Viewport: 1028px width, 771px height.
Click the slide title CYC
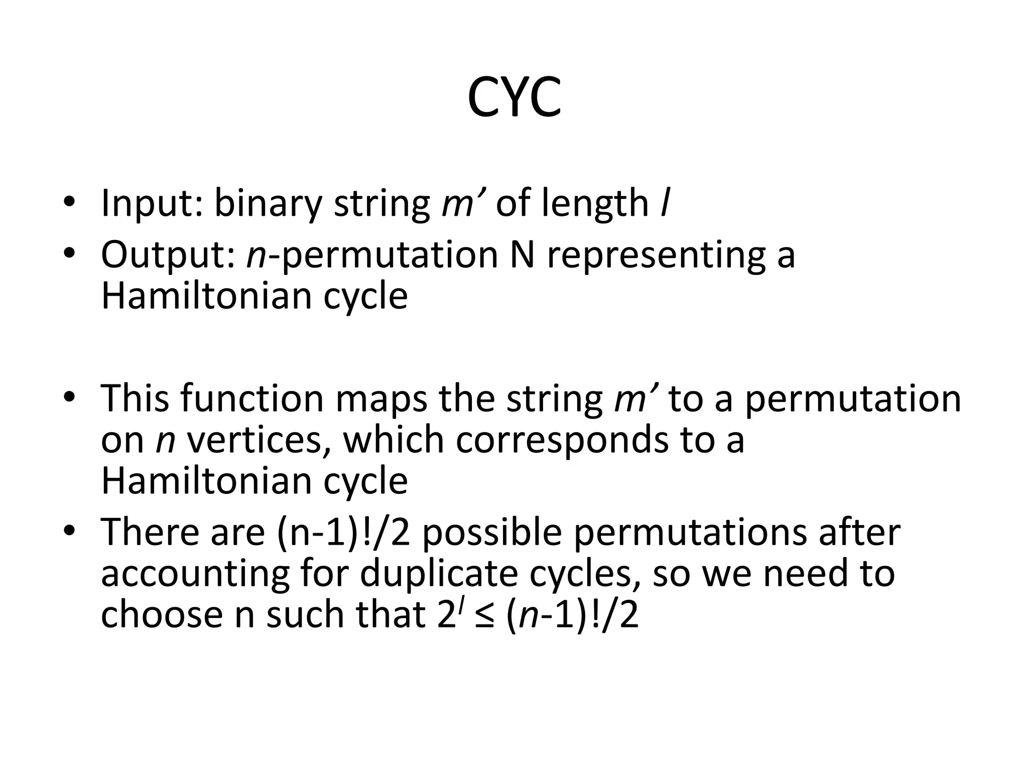tap(514, 98)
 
